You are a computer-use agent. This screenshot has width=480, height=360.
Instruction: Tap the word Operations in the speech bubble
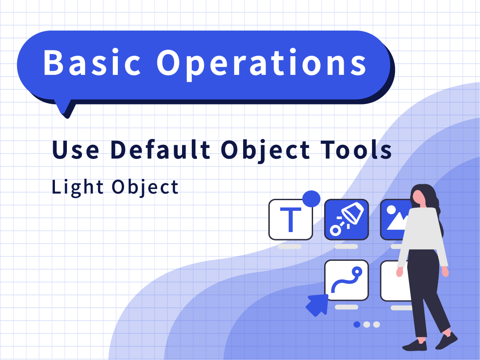point(262,65)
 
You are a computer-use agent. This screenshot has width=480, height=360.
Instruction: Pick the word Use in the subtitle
point(76,150)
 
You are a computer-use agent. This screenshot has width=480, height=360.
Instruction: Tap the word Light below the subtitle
point(77,187)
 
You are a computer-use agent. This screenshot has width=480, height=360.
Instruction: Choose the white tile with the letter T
point(290,220)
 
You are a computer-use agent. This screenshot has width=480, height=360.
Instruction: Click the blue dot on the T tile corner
point(311,199)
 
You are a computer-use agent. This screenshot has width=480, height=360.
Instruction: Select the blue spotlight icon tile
point(347,220)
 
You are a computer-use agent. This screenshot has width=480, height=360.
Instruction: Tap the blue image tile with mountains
point(396,220)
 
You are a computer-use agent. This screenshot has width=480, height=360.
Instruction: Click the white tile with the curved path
point(347,280)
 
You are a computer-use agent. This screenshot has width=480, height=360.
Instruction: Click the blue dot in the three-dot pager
point(356,325)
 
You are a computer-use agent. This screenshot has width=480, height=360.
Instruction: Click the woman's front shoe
point(415,346)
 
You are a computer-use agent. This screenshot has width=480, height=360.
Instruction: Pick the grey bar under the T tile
point(290,247)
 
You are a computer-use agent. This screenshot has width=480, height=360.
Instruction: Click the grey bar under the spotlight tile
point(346,247)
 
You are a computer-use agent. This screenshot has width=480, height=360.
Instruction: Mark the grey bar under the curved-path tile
point(347,307)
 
